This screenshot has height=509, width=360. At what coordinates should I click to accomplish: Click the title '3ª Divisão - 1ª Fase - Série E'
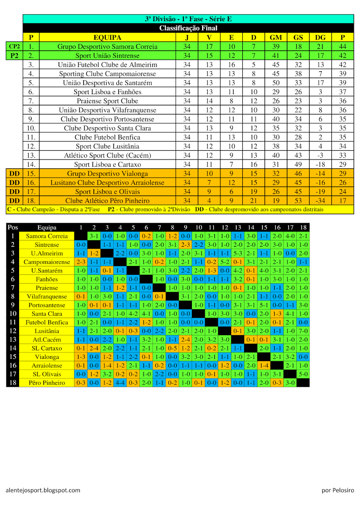pyautogui.click(x=188, y=19)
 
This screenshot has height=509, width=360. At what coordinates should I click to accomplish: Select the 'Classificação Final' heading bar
pyautogui.click(x=188, y=28)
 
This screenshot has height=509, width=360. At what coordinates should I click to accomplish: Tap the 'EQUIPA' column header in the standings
pyautogui.click(x=107, y=37)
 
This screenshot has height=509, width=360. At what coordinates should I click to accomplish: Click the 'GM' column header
pyautogui.click(x=276, y=37)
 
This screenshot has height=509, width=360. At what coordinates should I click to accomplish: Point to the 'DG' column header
pyautogui.click(x=320, y=37)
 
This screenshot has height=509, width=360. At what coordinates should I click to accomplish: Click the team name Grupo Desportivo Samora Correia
pyautogui.click(x=107, y=47)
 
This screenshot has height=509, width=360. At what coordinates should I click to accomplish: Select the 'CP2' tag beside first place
pyautogui.click(x=14, y=47)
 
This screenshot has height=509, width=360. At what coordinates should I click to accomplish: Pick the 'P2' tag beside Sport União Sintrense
pyautogui.click(x=14, y=56)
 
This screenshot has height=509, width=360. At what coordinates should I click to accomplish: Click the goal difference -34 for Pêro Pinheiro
pyautogui.click(x=320, y=201)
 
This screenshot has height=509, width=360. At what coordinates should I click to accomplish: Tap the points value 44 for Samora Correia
pyautogui.click(x=343, y=47)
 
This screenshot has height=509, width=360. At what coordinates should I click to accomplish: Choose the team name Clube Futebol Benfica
pyautogui.click(x=107, y=137)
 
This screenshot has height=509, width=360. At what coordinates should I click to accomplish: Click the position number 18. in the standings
pyautogui.click(x=31, y=201)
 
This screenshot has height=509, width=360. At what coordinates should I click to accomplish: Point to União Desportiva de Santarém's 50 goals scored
pyautogui.click(x=276, y=83)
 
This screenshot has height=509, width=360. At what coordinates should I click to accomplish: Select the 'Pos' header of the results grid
pyautogui.click(x=13, y=227)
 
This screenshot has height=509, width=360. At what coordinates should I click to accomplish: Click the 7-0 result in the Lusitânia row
pyautogui.click(x=303, y=331)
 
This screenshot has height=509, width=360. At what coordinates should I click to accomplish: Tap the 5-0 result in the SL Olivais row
pyautogui.click(x=303, y=374)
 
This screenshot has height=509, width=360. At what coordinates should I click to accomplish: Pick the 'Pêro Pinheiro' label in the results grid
pyautogui.click(x=47, y=383)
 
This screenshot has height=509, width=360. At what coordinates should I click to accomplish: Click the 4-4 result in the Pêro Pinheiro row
pyautogui.click(x=120, y=383)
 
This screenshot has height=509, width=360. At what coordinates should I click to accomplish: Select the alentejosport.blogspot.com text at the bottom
pyautogui.click(x=43, y=490)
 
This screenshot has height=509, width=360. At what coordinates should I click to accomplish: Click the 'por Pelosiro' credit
pyautogui.click(x=338, y=490)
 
